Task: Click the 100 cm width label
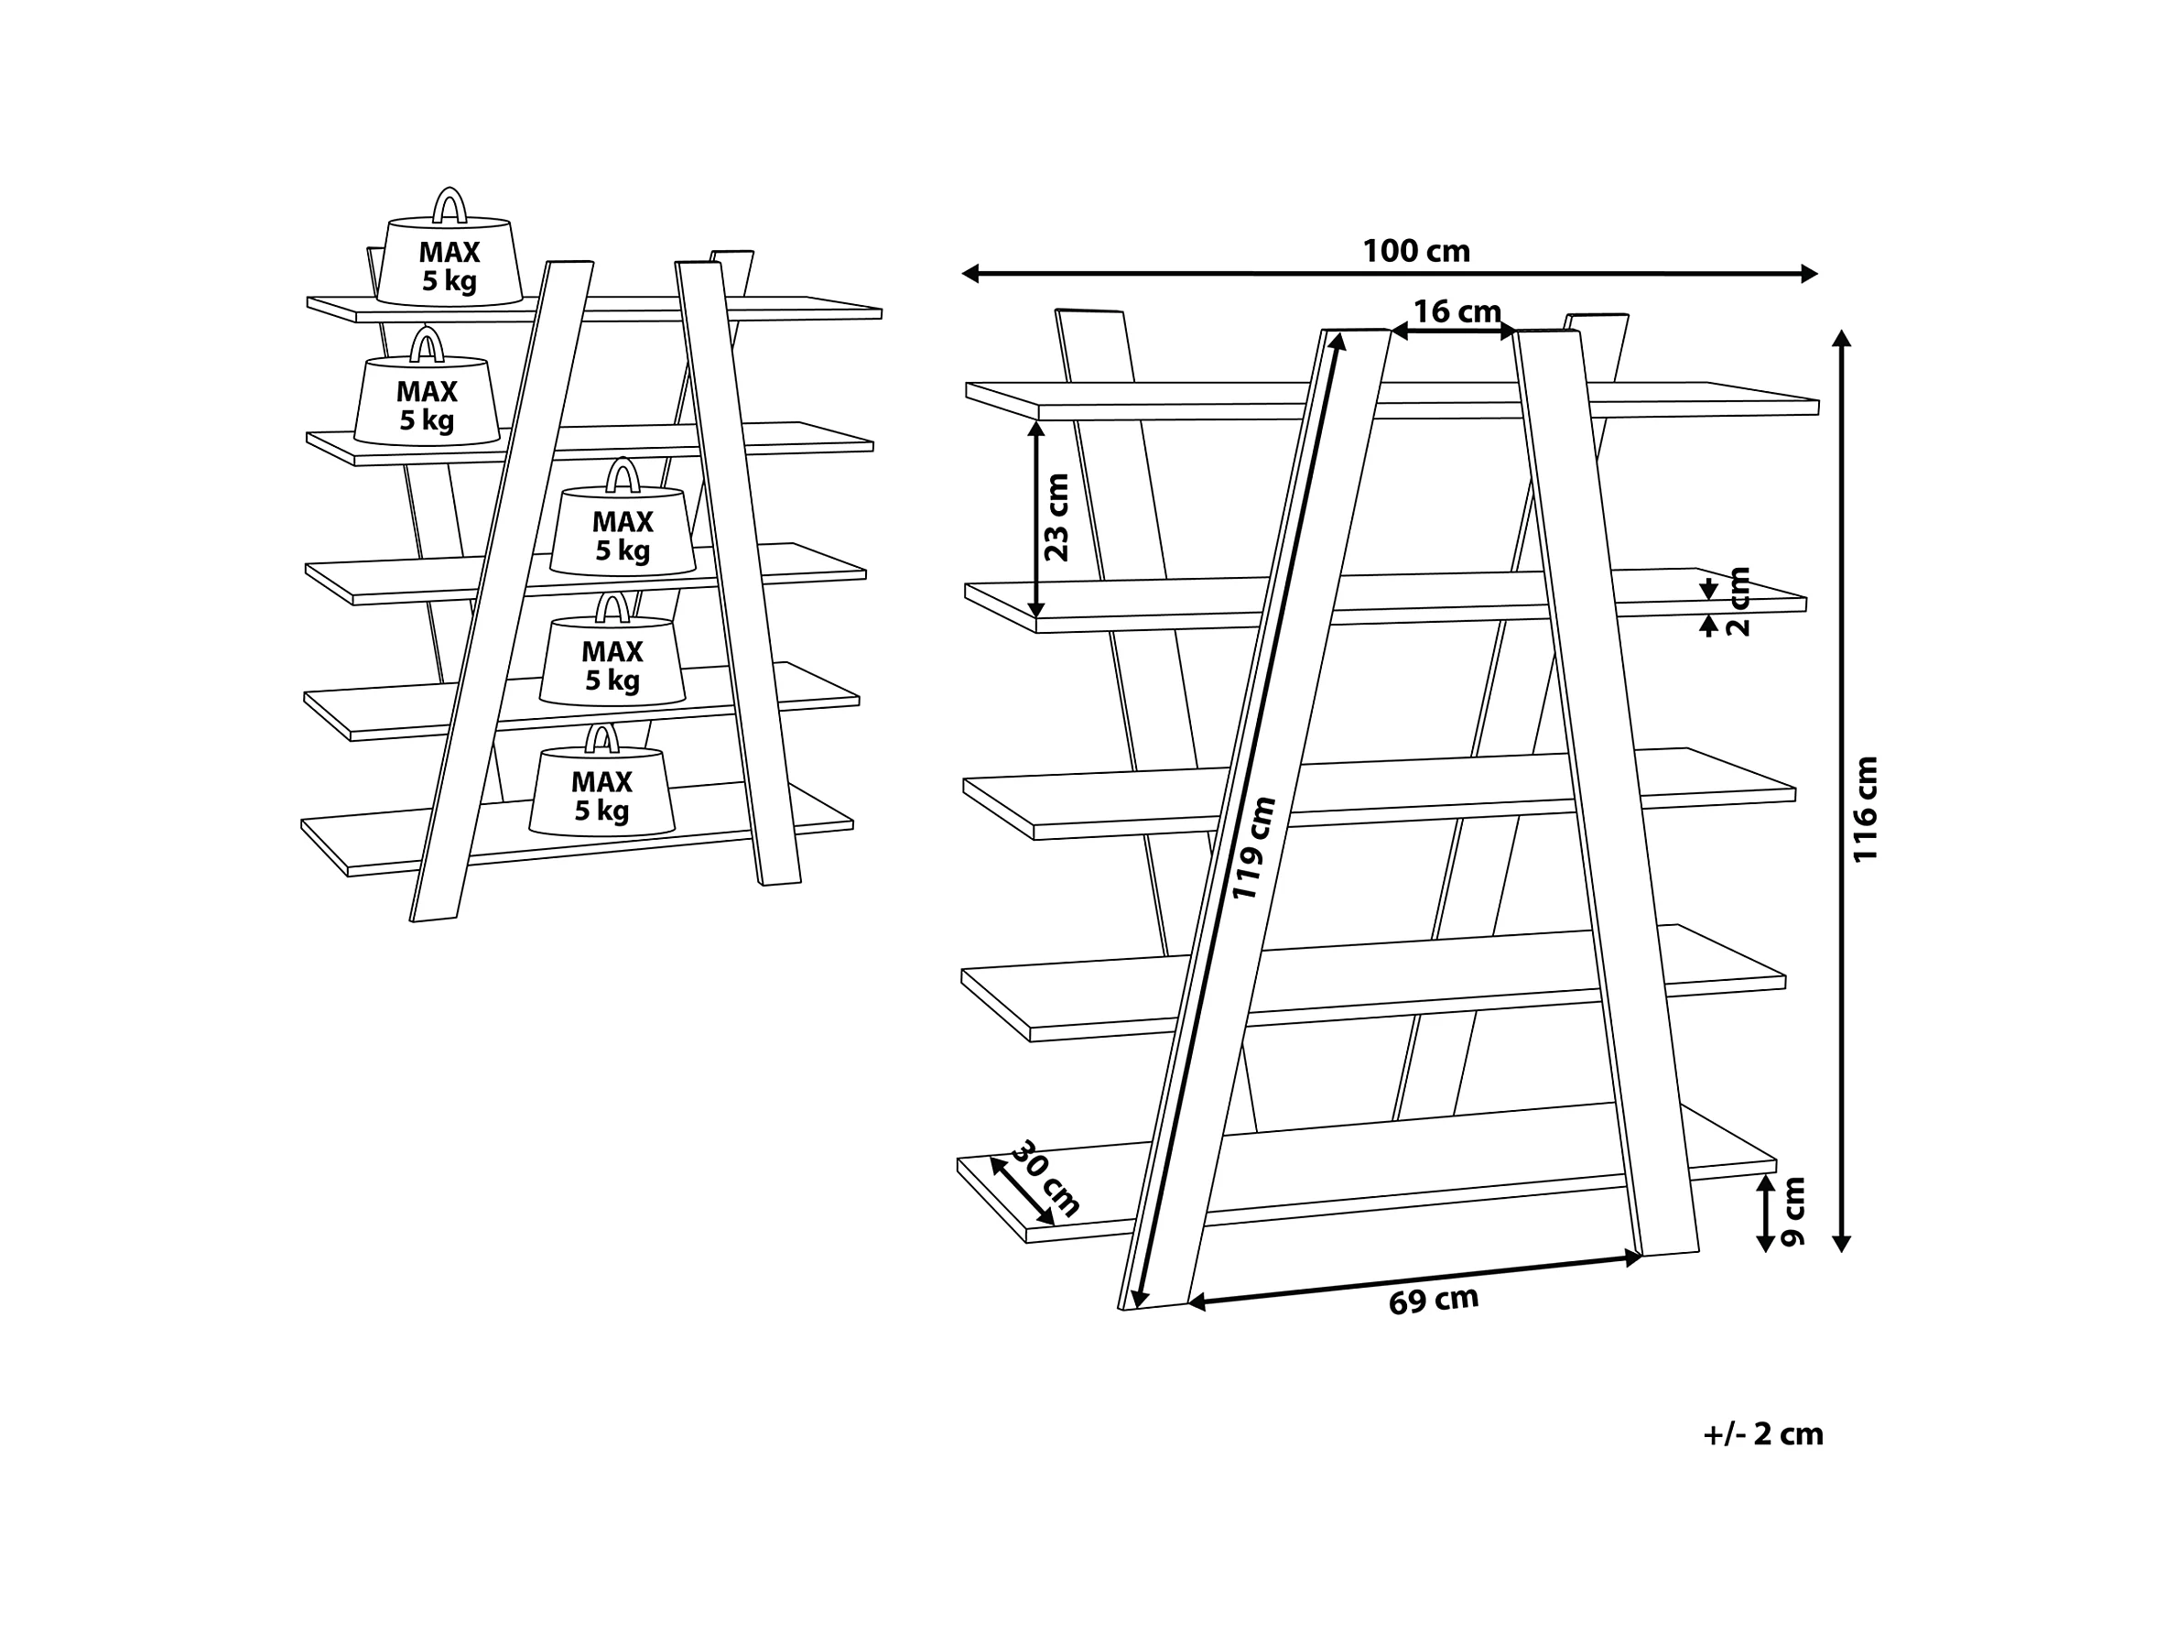1415,251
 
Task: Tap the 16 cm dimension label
1457,312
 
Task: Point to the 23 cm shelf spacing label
1056,517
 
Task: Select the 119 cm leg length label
1253,847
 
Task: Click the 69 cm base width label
1433,1301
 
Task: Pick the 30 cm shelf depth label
1046,1178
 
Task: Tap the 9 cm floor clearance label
1793,1212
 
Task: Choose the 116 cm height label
1865,809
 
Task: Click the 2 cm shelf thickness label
1738,602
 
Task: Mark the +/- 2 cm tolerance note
1762,1434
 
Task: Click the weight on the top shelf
449,248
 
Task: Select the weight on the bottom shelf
601,780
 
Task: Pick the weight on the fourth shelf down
612,649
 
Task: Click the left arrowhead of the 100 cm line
969,274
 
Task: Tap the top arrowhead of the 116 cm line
1841,339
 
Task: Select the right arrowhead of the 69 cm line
1634,1257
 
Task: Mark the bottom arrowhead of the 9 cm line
1766,1244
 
